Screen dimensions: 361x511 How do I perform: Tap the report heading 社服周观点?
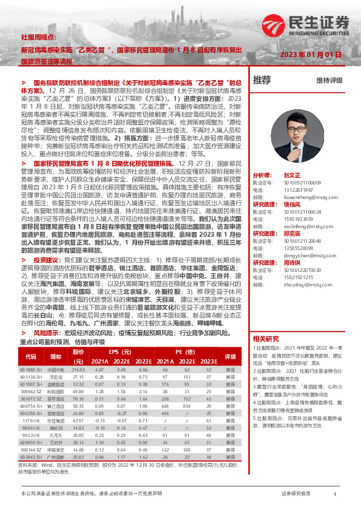(x=36, y=36)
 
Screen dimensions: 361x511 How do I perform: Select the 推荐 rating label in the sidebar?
(x=262, y=80)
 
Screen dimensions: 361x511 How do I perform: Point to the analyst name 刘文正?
(x=292, y=174)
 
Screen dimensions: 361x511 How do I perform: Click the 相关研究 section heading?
(x=266, y=338)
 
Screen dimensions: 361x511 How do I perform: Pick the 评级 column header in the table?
(x=230, y=356)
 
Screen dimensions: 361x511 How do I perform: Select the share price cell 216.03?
(x=78, y=370)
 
